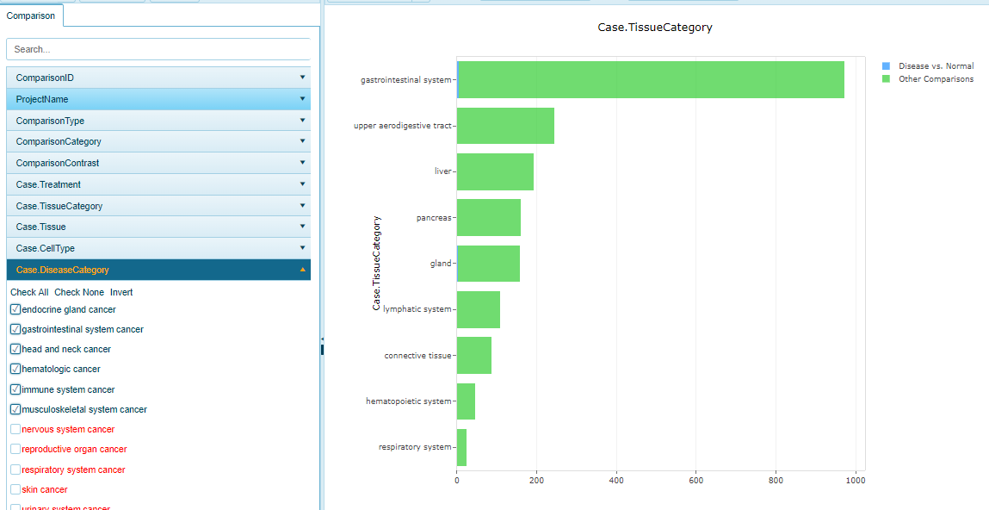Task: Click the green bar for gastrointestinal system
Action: pyautogui.click(x=650, y=79)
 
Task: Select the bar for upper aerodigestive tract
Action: pyautogui.click(x=505, y=126)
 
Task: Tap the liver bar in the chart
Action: pyautogui.click(x=495, y=171)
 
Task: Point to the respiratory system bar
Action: pyautogui.click(x=461, y=447)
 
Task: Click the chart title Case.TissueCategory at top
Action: pyautogui.click(x=655, y=28)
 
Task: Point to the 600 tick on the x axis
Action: pyautogui.click(x=695, y=480)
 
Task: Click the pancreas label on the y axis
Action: pyautogui.click(x=433, y=218)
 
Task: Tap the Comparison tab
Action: pyautogui.click(x=30, y=16)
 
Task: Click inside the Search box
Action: pyautogui.click(x=159, y=49)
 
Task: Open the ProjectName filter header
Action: pyautogui.click(x=158, y=99)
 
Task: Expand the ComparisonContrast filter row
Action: pyautogui.click(x=158, y=163)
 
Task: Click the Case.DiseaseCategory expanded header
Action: pyautogui.click(x=158, y=270)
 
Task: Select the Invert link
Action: pyautogui.click(x=121, y=292)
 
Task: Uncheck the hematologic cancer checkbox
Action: pyautogui.click(x=15, y=370)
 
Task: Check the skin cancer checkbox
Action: pyautogui.click(x=15, y=489)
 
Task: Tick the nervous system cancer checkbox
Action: pyautogui.click(x=15, y=429)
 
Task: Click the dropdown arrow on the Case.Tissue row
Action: pyautogui.click(x=302, y=227)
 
